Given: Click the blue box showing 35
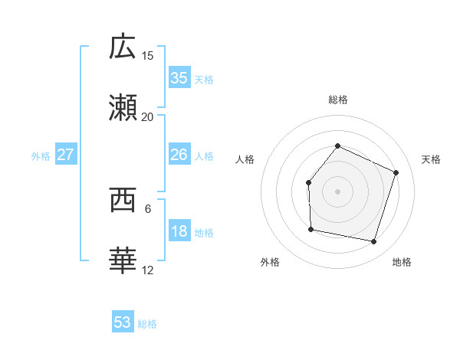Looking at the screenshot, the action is click(179, 78).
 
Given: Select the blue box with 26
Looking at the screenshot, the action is click(179, 155).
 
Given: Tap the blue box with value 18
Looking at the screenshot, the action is click(179, 231).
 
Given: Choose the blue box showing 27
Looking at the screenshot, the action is click(65, 155).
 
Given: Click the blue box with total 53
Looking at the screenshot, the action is click(123, 322).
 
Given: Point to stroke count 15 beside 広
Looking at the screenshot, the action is click(148, 55).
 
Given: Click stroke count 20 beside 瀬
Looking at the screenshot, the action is click(148, 117).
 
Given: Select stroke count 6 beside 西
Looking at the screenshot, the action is click(148, 208).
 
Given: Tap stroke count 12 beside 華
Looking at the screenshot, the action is click(148, 270).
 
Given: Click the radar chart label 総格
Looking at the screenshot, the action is click(338, 100).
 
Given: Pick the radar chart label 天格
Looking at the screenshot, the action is click(431, 159).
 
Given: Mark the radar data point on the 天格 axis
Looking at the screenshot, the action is click(396, 172).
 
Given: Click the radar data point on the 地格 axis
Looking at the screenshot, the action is click(373, 241).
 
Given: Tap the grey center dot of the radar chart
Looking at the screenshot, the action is click(337, 191).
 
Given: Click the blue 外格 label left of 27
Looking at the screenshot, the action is click(41, 155).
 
